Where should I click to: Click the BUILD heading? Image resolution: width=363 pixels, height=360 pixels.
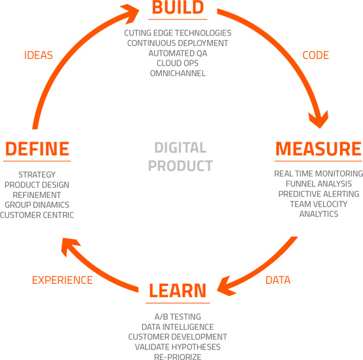178,7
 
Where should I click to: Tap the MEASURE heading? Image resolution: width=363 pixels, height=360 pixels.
318,149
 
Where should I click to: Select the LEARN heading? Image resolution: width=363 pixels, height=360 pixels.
178,290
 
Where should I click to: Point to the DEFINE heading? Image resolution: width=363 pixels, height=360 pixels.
37,149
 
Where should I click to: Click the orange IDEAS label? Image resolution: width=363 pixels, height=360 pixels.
39,55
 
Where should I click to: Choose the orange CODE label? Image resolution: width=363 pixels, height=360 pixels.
316,55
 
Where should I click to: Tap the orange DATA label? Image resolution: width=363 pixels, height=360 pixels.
278,280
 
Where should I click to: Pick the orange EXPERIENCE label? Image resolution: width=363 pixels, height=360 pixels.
62,280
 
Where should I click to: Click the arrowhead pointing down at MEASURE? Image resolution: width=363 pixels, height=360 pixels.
319,119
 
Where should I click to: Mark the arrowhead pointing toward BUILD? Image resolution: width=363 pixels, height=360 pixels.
130,13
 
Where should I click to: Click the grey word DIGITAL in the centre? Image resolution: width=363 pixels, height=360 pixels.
180,148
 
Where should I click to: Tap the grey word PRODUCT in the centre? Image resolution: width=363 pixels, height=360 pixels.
180,166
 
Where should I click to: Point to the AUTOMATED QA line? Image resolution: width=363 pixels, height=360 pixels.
178,53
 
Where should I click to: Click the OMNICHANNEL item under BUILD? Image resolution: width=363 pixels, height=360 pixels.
178,73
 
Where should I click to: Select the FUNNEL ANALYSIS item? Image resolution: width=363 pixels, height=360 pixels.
318,184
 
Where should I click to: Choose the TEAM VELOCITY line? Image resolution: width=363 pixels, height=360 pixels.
318,204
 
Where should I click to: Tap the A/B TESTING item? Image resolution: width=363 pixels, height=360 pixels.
178,317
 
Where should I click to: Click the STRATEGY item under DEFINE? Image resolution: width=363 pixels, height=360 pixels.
37,174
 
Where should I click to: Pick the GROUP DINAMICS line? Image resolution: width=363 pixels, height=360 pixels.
37,205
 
